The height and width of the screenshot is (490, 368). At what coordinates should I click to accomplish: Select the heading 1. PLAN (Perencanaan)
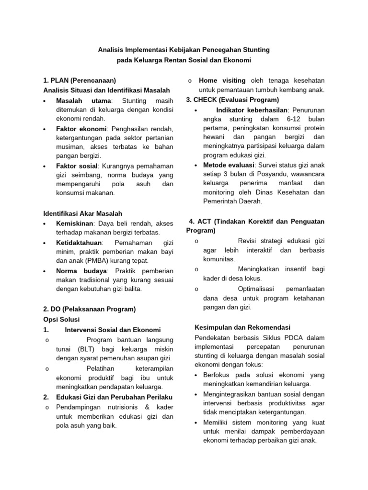(x=79, y=80)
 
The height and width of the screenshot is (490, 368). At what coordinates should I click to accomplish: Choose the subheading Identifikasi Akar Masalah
(x=82, y=213)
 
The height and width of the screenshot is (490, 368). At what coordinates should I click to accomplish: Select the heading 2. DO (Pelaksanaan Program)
(x=89, y=309)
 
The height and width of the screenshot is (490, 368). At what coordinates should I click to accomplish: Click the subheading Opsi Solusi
(x=61, y=319)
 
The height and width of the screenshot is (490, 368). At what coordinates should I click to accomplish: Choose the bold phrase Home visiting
(x=222, y=80)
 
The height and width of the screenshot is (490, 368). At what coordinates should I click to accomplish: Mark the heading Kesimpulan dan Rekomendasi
(x=242, y=328)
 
